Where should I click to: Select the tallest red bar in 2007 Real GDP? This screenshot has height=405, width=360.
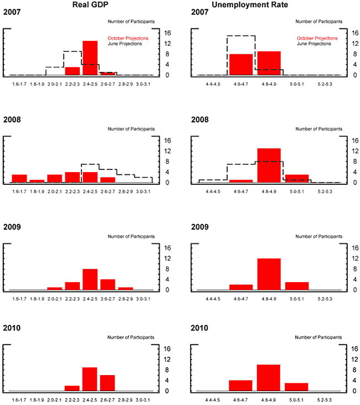(x=90, y=58)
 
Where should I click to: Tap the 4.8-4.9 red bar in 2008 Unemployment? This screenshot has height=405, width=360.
(x=269, y=165)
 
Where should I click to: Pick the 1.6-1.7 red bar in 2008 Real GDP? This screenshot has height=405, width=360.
(x=19, y=178)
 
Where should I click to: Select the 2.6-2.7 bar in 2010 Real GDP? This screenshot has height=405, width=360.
(x=107, y=383)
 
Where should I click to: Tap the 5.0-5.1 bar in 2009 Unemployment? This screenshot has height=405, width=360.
(x=297, y=286)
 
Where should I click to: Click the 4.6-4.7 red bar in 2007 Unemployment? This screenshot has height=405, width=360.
(x=241, y=64)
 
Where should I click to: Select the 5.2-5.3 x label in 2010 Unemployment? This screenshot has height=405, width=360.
(x=325, y=399)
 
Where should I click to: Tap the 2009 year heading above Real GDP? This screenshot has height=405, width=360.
(x=12, y=226)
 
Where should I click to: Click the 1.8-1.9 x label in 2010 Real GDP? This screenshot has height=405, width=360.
(x=37, y=399)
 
